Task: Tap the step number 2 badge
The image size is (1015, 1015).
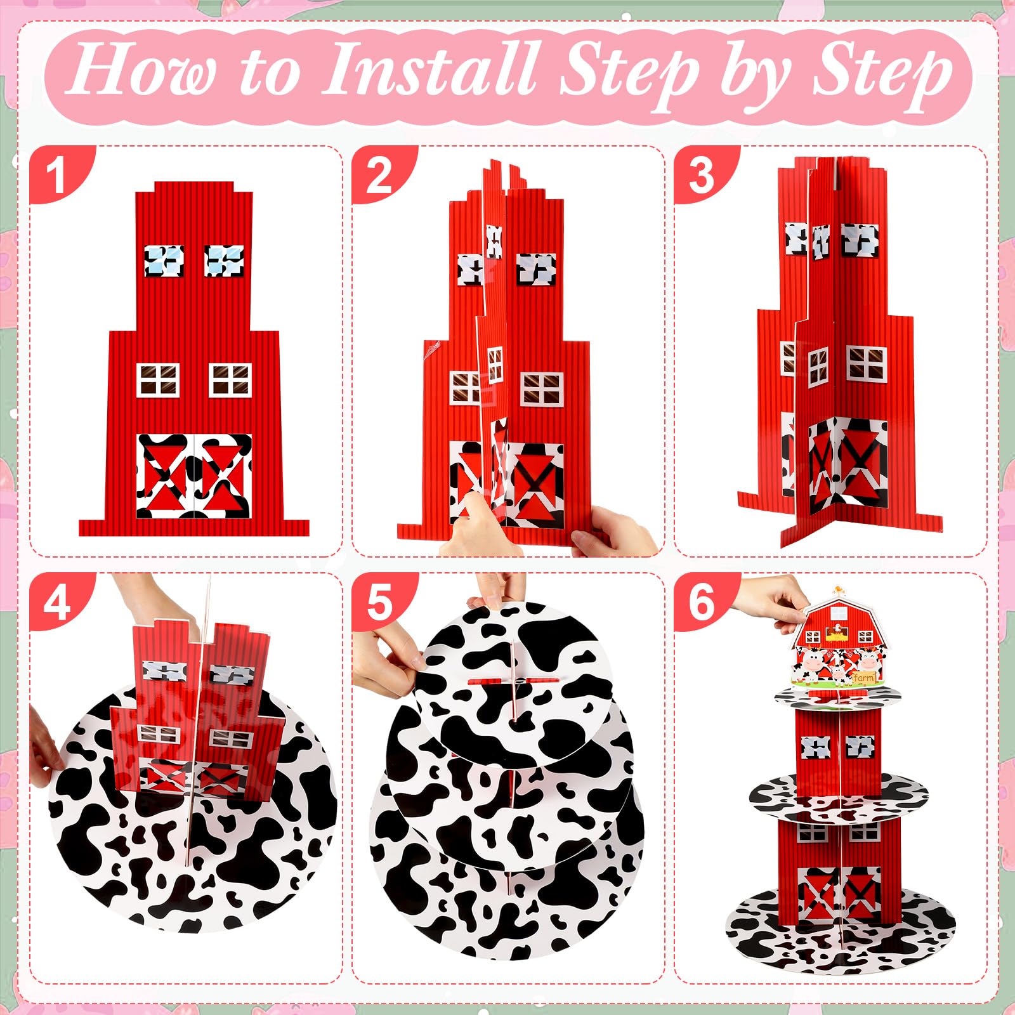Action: coord(379,174)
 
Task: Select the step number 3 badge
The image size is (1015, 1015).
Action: coord(702,174)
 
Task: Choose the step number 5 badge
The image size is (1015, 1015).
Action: coord(379,601)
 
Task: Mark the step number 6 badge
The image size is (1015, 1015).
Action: coord(702,601)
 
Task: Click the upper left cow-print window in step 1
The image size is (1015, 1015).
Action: coord(164,261)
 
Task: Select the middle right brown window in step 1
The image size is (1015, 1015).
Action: coord(230,380)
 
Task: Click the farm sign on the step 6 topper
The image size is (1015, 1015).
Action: coord(864,678)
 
